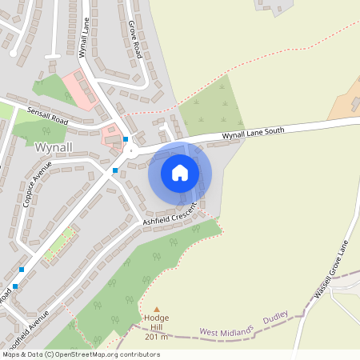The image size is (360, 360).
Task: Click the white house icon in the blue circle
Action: point(180,172)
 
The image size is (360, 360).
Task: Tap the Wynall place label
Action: point(54,147)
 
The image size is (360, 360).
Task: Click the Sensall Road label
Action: point(48,115)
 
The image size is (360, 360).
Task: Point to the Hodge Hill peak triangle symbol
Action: point(157,309)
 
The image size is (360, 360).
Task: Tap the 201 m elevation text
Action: point(157,336)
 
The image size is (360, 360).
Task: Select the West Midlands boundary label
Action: point(227,330)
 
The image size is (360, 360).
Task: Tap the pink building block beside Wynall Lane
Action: point(81,90)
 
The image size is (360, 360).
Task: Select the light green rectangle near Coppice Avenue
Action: point(58,246)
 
